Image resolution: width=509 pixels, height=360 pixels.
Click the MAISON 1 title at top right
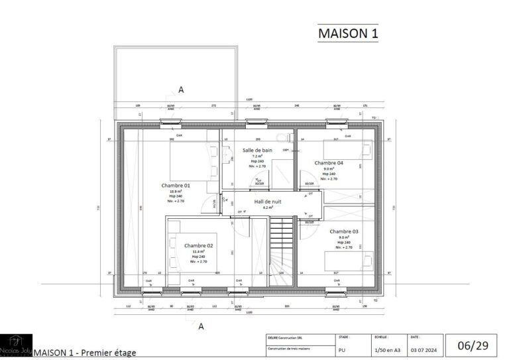[x=348, y=32]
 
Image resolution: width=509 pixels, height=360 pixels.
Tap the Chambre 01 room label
[x=176, y=186]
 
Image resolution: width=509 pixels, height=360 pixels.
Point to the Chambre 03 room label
[x=343, y=231]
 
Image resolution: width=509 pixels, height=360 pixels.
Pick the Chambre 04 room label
[x=329, y=162]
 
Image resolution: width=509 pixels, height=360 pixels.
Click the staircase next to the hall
[x=280, y=252]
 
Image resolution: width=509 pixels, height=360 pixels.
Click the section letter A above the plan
[x=180, y=89]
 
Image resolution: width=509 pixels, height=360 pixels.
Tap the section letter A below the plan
[x=201, y=326]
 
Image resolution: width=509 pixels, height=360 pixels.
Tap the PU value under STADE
[x=342, y=349]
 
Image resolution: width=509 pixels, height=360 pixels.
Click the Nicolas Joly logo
[x=16, y=345]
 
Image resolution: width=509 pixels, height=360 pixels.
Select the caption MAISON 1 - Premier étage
[x=84, y=353]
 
